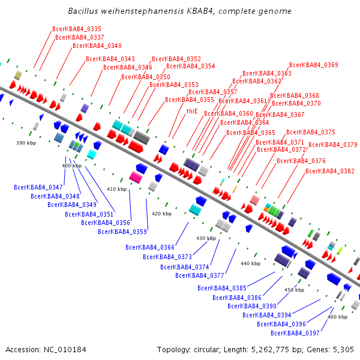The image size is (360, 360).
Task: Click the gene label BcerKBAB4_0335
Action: pyautogui.click(x=77, y=29)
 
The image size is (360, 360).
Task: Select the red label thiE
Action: pyautogui.click(x=192, y=111)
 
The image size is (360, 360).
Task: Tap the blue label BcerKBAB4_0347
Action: pyautogui.click(x=38, y=188)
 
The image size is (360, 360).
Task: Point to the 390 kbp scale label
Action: pyautogui.click(x=26, y=143)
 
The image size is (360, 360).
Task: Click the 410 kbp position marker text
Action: pyautogui.click(x=117, y=189)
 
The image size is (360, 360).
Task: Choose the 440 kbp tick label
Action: pyautogui.click(x=250, y=263)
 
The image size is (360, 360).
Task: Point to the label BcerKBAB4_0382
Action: pyautogui.click(x=330, y=172)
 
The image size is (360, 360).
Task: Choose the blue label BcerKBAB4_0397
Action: pyautogui.click(x=295, y=333)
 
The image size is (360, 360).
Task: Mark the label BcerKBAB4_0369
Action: pyautogui.click(x=314, y=65)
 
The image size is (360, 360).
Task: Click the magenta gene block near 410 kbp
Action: pyautogui.click(x=136, y=178)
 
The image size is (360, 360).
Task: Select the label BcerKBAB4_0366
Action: pyautogui.click(x=150, y=247)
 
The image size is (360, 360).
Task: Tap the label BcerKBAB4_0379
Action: pyautogui.click(x=333, y=145)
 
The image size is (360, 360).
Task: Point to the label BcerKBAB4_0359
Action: pyautogui.click(x=122, y=232)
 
